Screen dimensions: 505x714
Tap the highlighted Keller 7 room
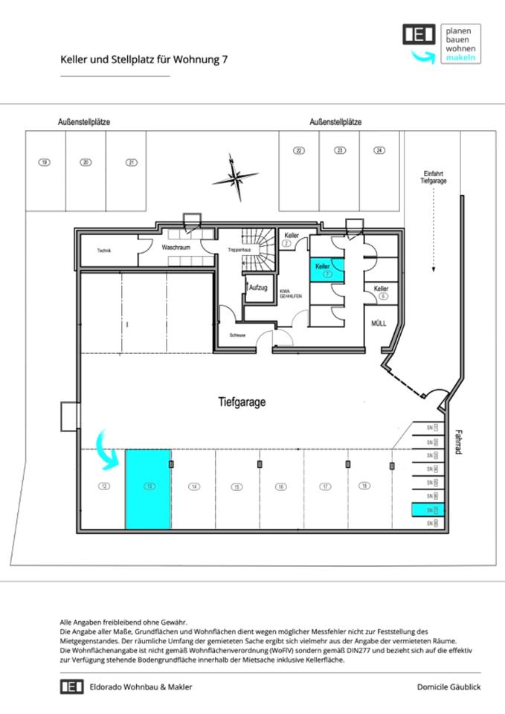pyautogui.click(x=327, y=270)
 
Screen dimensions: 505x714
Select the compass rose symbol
pyautogui.click(x=236, y=177)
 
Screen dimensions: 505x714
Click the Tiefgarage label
pyautogui.click(x=242, y=402)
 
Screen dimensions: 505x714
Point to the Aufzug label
pyautogui.click(x=258, y=286)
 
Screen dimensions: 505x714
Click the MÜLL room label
pyautogui.click(x=379, y=324)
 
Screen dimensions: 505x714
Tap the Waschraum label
pyautogui.click(x=176, y=246)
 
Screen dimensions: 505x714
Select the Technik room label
pyautogui.click(x=104, y=251)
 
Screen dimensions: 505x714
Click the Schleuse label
pyautogui.click(x=238, y=335)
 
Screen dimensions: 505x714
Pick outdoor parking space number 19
pyautogui.click(x=45, y=163)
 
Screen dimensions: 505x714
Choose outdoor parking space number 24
pyautogui.click(x=379, y=150)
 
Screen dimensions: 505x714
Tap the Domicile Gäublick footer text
pyautogui.click(x=448, y=686)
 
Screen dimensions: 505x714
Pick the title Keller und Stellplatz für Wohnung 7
pyautogui.click(x=144, y=61)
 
